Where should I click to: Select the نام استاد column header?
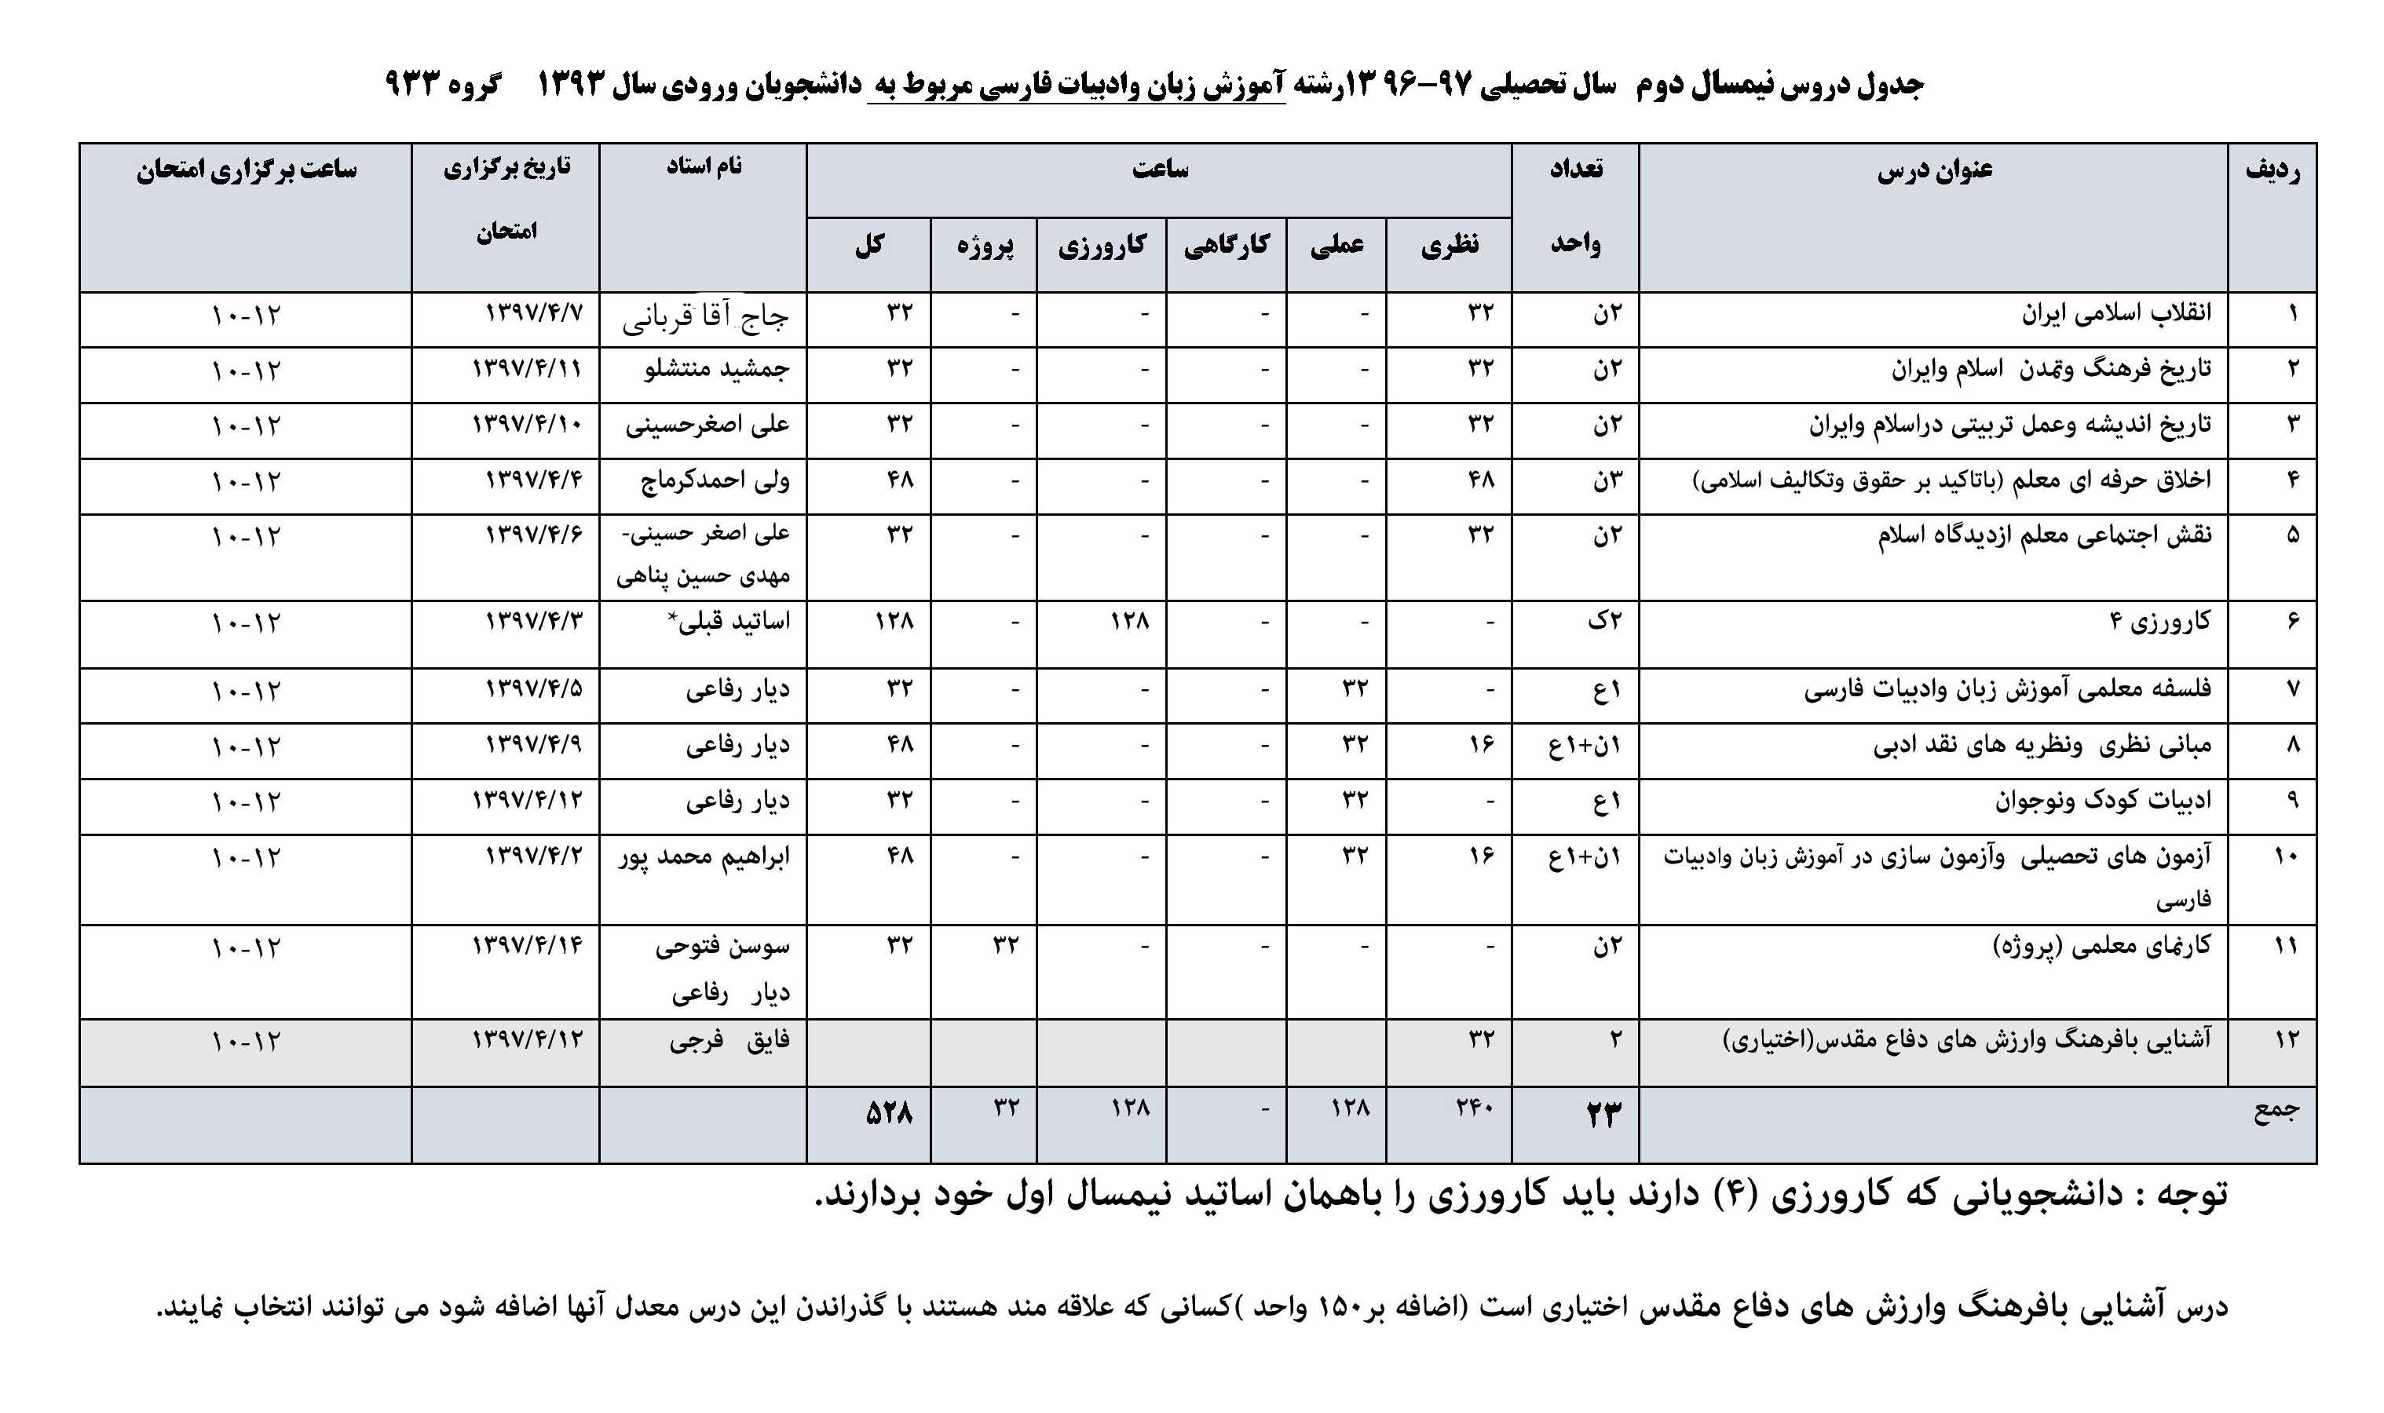click(x=704, y=166)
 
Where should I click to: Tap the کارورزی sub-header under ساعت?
click(x=1102, y=246)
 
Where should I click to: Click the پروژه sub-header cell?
click(x=985, y=246)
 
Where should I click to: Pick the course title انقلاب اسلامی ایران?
click(x=2116, y=313)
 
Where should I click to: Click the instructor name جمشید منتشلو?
click(x=716, y=368)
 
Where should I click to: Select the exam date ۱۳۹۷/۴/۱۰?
click(x=527, y=424)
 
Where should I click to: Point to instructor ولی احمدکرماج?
click(x=715, y=480)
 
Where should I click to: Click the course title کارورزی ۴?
click(x=2160, y=622)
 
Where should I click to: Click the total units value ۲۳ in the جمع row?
click(x=1603, y=1113)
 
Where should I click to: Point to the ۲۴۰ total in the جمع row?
click(x=1475, y=1108)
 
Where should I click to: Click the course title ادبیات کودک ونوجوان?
click(x=2103, y=801)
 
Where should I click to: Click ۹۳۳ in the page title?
click(x=413, y=85)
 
